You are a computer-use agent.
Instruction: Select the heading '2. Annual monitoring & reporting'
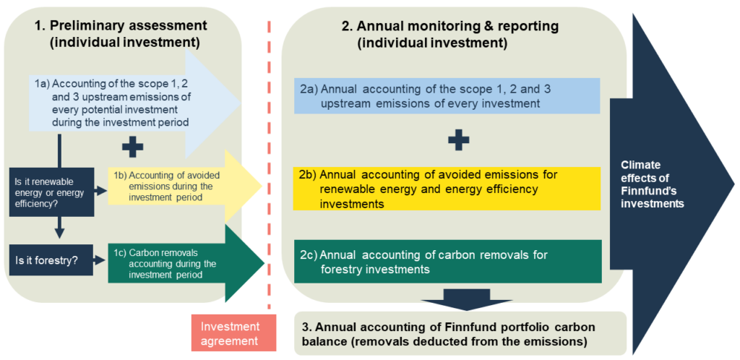click(x=451, y=27)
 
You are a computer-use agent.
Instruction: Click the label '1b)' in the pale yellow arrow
click(x=121, y=174)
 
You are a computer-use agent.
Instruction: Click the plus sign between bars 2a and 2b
click(x=458, y=140)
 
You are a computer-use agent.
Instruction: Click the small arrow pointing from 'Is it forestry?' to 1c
click(x=100, y=260)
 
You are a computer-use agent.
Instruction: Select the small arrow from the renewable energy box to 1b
click(x=100, y=191)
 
